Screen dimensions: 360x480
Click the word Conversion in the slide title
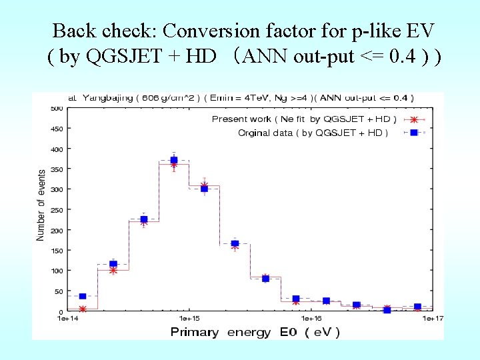coord(205,31)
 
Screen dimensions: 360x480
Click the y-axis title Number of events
coord(41,205)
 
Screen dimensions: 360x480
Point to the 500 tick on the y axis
coord(56,108)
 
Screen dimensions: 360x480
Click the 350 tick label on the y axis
coord(56,169)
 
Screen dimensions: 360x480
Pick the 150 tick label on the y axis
coord(56,251)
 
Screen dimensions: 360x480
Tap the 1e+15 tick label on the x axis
coord(189,319)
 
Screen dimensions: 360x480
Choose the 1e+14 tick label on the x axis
coord(68,319)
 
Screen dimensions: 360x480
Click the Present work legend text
coord(303,119)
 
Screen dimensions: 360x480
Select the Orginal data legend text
coord(313,133)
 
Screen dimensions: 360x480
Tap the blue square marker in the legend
coord(413,133)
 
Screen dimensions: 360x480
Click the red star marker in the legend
coord(413,120)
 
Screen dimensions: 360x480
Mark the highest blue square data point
coord(174,160)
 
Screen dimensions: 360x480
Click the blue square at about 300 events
coord(204,189)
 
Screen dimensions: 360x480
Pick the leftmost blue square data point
coord(83,296)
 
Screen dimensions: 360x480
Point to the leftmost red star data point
coord(83,309)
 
